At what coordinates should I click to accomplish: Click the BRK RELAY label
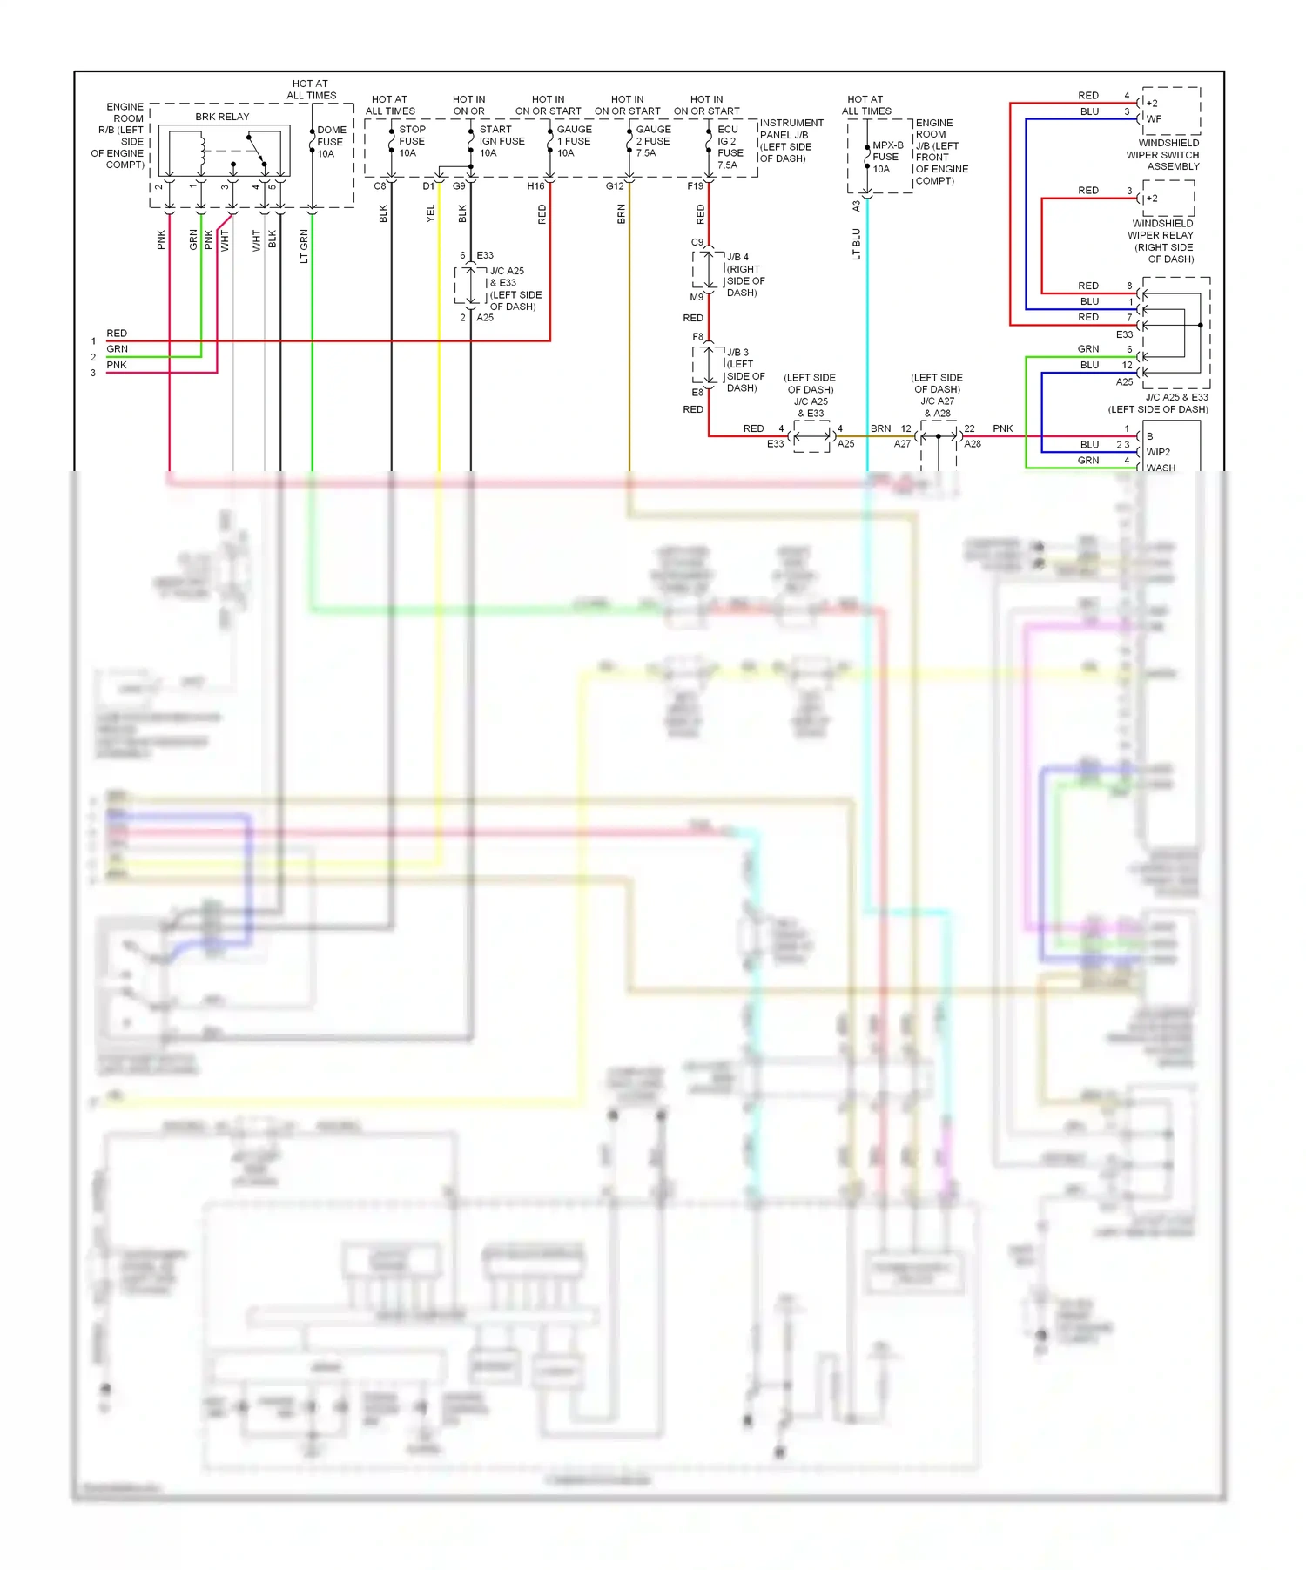coord(222,117)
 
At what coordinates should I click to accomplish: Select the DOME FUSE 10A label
coord(331,142)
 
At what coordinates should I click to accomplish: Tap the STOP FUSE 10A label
coord(411,141)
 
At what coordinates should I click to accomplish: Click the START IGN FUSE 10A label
coord(501,141)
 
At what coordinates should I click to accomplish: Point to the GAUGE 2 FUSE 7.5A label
coord(652,141)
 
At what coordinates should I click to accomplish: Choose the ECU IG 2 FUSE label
coord(730,146)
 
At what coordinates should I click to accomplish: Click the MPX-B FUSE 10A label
coord(886,158)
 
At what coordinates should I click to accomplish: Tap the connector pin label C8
coord(380,186)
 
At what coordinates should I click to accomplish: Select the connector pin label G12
coord(615,186)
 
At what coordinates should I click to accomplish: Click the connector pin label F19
coord(695,186)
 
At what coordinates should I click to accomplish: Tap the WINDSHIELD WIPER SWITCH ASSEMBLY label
coord(1163,155)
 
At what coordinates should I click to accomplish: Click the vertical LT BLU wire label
coord(856,244)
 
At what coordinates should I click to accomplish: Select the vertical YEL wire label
coord(430,213)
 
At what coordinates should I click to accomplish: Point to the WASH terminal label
coord(1161,468)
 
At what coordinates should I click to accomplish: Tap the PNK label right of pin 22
coord(1002,428)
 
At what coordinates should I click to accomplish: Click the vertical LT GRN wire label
coord(304,246)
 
